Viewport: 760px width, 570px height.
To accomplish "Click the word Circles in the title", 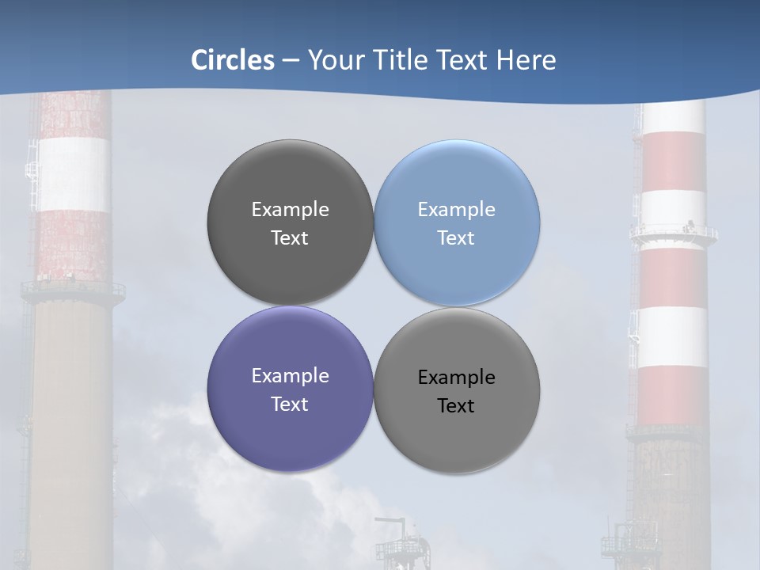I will [x=233, y=60].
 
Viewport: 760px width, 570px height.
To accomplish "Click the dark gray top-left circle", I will [x=290, y=174].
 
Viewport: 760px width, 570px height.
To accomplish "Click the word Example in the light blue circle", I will [x=457, y=210].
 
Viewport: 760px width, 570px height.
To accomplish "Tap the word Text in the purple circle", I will [x=290, y=405].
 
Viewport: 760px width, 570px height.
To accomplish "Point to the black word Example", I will [x=457, y=378].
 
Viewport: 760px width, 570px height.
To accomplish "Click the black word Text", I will [x=456, y=406].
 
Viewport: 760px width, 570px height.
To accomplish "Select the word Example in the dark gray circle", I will [x=290, y=210].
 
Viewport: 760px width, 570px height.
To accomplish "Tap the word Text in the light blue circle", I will [x=456, y=238].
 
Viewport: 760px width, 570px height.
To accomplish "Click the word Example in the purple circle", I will [x=290, y=376].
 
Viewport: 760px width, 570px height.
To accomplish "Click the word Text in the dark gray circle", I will [x=290, y=238].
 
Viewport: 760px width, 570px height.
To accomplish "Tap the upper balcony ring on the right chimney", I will [x=674, y=233].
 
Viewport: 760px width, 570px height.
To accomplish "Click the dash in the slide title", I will [x=291, y=60].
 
